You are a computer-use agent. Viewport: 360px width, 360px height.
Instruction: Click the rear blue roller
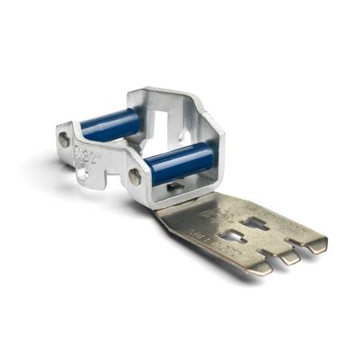tap(111, 125)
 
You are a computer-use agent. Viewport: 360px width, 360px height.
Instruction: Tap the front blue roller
tap(179, 160)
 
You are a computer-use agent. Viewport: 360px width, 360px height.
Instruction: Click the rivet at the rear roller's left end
tap(64, 139)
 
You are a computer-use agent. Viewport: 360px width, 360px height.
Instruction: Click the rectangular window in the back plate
tap(170, 117)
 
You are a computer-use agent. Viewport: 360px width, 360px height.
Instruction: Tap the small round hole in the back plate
tap(186, 136)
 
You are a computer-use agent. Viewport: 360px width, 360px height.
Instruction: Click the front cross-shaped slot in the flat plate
tap(236, 236)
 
